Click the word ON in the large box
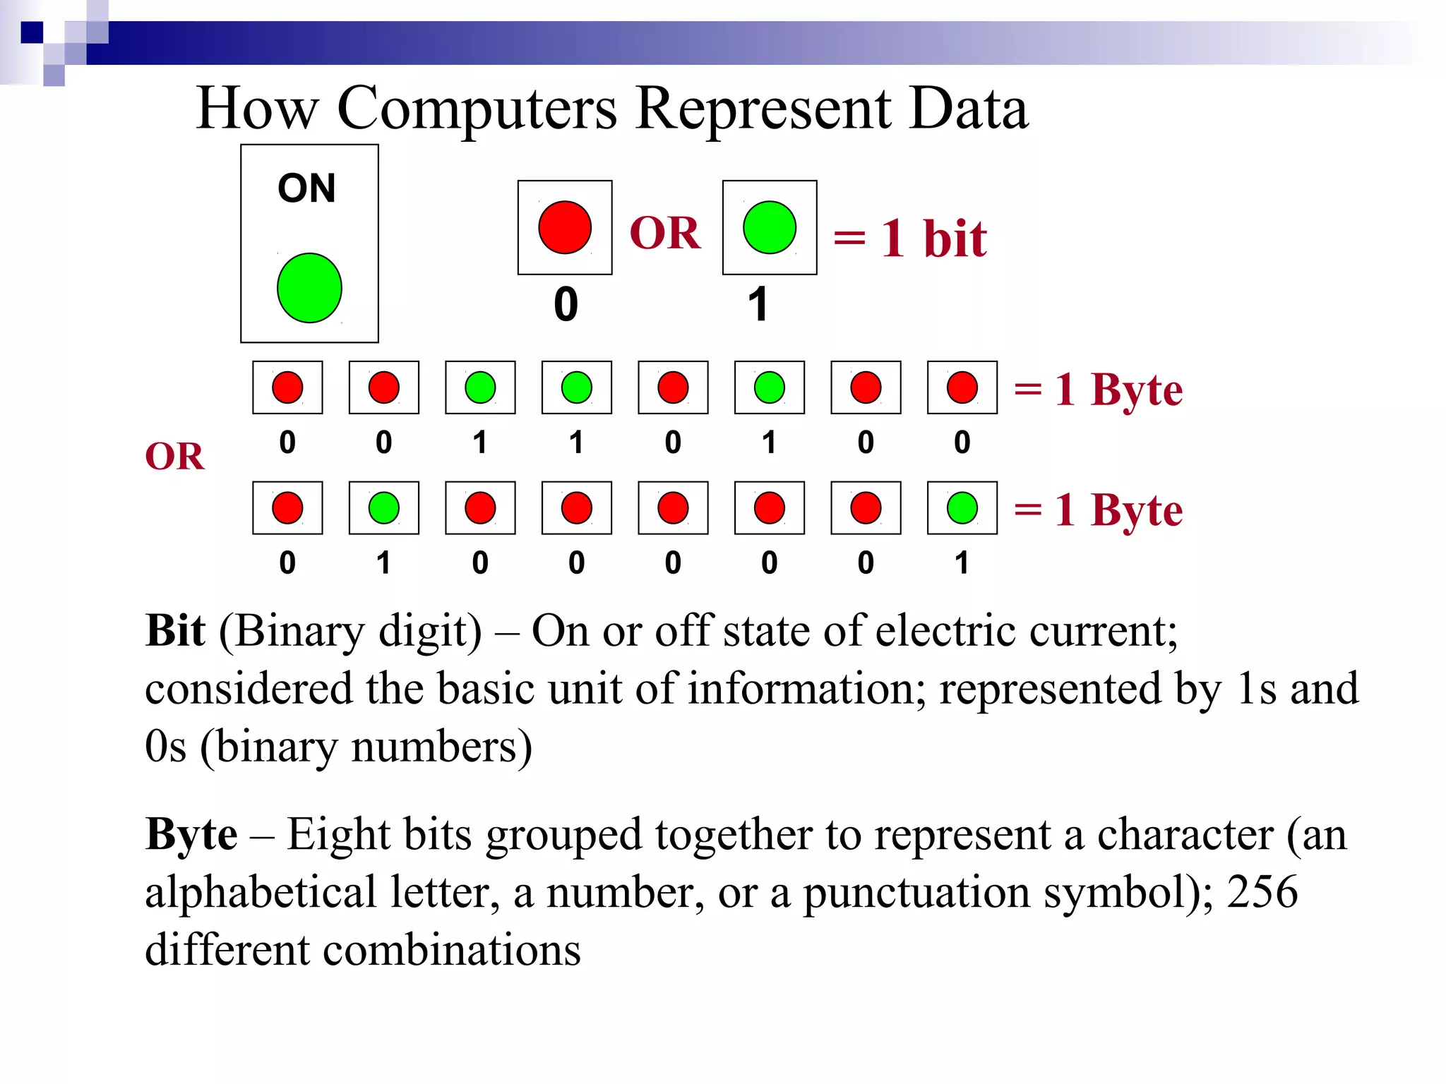coord(306,188)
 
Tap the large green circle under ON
coord(309,288)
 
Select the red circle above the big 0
coord(565,227)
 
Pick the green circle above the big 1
coord(770,227)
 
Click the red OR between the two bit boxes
coord(665,233)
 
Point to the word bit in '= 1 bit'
coord(955,239)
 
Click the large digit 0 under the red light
coord(566,305)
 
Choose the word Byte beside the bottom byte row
coord(1136,510)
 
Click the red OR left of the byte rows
coord(174,457)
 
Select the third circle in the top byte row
coord(480,387)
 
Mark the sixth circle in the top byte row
coord(770,387)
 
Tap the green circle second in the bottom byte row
coord(384,508)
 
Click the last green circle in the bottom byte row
coord(962,508)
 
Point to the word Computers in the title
coord(477,109)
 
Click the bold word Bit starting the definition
coord(175,630)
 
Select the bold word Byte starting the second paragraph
coord(191,834)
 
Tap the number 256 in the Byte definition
coord(1262,892)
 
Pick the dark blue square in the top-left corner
coord(32,32)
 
